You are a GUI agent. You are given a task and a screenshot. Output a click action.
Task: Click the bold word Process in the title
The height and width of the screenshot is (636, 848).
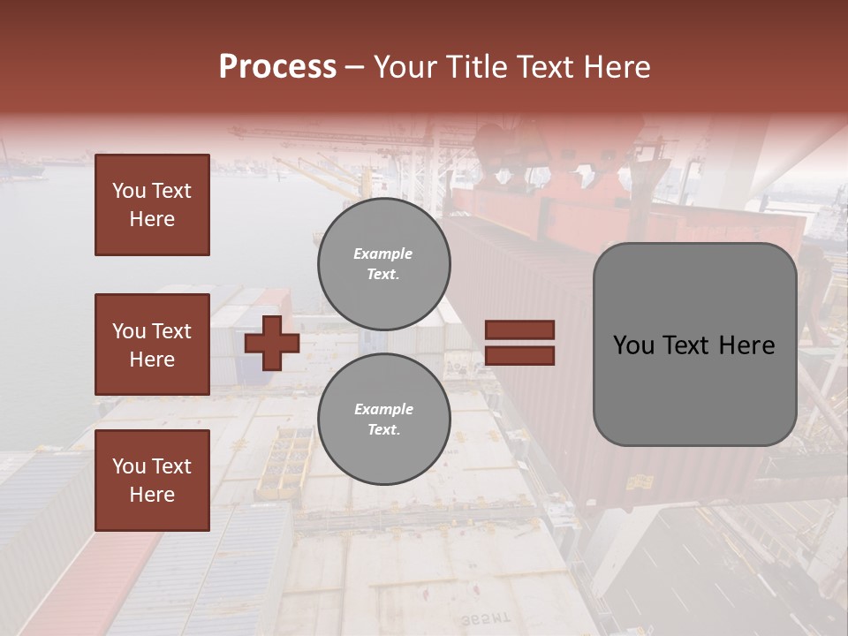[277, 67]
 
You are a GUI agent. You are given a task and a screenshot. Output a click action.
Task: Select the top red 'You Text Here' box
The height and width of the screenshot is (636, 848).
[152, 205]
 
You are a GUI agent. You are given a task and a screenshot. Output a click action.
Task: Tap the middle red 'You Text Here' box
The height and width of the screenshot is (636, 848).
[152, 344]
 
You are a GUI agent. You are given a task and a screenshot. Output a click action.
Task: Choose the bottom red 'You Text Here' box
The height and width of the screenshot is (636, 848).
[152, 481]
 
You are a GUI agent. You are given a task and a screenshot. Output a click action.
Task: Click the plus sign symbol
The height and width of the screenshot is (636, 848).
[272, 343]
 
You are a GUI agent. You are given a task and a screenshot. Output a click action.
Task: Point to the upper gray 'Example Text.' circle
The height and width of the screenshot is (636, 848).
[383, 264]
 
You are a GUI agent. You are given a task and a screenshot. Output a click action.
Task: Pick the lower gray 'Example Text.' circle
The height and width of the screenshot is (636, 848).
[383, 420]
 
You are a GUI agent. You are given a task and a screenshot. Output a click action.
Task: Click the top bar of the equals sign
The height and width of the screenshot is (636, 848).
[519, 330]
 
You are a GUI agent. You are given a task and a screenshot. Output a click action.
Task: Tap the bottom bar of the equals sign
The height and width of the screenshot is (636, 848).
[519, 356]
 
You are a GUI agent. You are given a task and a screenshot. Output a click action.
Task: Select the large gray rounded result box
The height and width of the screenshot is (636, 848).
[694, 344]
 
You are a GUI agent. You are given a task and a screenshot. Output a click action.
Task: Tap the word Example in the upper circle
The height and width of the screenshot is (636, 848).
[382, 254]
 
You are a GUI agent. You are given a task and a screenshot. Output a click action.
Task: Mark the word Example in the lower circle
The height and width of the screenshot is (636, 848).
[383, 410]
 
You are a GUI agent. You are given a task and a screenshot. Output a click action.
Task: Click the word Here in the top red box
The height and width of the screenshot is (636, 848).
[152, 219]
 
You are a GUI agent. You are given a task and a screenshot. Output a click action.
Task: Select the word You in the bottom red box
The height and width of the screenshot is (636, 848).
[129, 466]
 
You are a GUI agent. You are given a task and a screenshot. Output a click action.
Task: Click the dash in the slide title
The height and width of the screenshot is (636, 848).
[355, 67]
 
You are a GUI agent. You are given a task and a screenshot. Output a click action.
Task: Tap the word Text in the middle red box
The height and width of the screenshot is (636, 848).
[170, 331]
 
